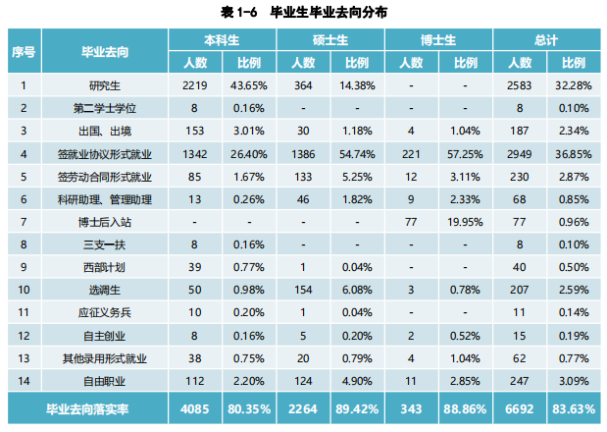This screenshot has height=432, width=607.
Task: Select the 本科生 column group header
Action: [x=222, y=40]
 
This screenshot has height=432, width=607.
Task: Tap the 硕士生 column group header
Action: [x=330, y=40]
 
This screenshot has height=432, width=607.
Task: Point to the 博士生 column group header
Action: [x=439, y=40]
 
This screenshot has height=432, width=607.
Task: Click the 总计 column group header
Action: [x=547, y=40]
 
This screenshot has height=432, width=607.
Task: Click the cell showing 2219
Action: [x=195, y=85]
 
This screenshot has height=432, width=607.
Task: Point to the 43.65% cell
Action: [x=249, y=85]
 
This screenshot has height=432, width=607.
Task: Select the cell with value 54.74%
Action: [x=358, y=153]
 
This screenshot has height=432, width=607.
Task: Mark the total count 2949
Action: [x=521, y=153]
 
